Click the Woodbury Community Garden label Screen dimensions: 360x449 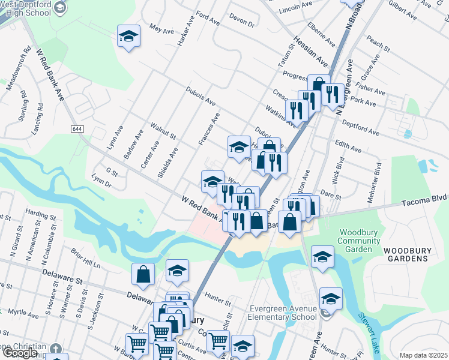click(x=359, y=241)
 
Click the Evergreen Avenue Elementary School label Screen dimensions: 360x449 click(x=283, y=313)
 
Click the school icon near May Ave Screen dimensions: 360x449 click(x=128, y=37)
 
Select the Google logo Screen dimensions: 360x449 click(x=20, y=353)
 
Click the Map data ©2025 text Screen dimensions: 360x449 click(x=423, y=355)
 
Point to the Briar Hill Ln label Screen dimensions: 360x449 click(x=86, y=260)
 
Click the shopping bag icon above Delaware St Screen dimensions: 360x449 click(x=143, y=275)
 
